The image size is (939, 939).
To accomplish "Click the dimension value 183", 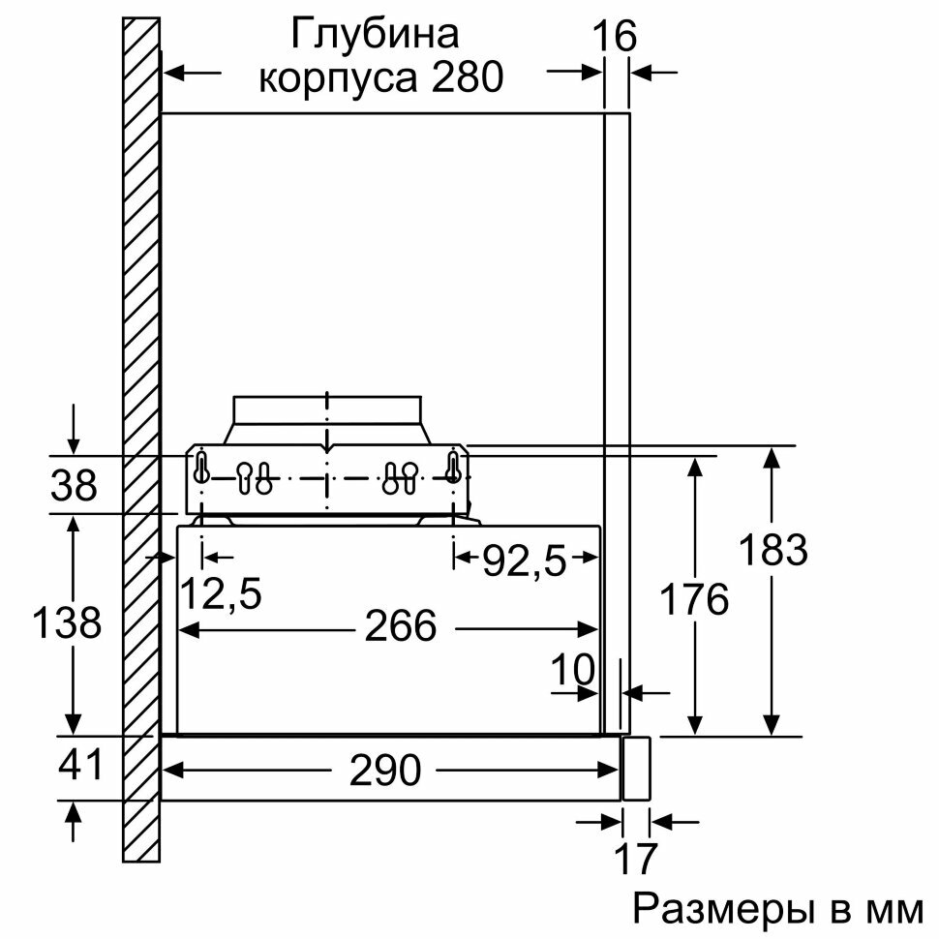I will [x=772, y=551].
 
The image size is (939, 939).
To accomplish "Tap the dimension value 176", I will [x=693, y=600].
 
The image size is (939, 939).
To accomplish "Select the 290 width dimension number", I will [x=387, y=771].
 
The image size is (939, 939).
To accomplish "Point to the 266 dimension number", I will [x=400, y=627].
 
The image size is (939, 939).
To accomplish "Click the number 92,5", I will [x=524, y=560].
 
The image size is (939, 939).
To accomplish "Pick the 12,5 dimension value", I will [x=222, y=593].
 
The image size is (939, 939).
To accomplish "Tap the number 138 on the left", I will [x=66, y=622].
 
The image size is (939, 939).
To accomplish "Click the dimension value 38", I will [x=74, y=484].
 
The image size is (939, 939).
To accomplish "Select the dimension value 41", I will [x=79, y=767].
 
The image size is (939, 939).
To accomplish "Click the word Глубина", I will [x=374, y=35].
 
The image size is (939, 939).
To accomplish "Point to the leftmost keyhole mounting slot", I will [x=201, y=467].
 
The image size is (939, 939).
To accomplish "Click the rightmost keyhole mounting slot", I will [x=452, y=467].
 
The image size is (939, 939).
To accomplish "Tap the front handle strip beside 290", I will [x=635, y=768].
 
